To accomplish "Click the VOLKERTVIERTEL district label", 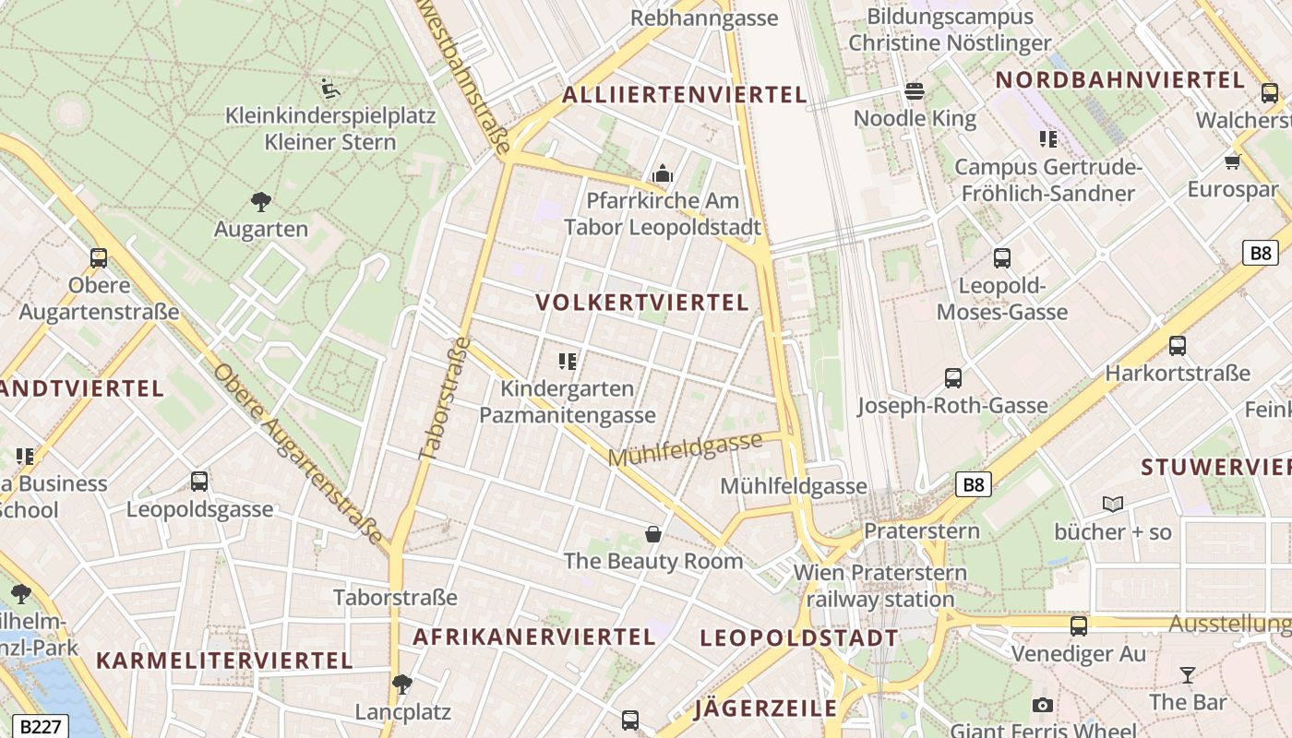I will pos(641,303).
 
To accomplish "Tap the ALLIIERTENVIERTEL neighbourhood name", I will pos(684,94).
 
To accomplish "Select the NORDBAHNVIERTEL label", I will pos(1120,80).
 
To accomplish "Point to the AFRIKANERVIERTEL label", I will pos(533,637).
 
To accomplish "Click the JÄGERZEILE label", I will pos(766,708).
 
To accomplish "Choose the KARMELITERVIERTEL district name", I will pos(224,661).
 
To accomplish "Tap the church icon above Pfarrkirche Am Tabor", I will pos(663,173).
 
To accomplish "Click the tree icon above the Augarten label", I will pos(261,201).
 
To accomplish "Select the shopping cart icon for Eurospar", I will pos(1232,162).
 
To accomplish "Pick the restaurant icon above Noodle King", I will pos(915,90).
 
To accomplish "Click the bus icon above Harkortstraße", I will pos(1178,346).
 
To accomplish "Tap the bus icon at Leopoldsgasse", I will pos(199,481).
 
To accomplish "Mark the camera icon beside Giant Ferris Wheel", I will pos(1043,706).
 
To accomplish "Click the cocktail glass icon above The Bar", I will pos(1188,674).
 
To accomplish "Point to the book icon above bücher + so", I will pos(1113,504).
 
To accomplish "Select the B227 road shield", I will pos(42,726).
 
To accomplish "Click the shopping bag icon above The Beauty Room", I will pos(653,533).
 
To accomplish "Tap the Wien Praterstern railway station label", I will pos(880,586).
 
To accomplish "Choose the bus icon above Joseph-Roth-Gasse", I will pos(953,377).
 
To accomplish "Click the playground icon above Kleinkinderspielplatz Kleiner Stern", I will pos(330,88).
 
